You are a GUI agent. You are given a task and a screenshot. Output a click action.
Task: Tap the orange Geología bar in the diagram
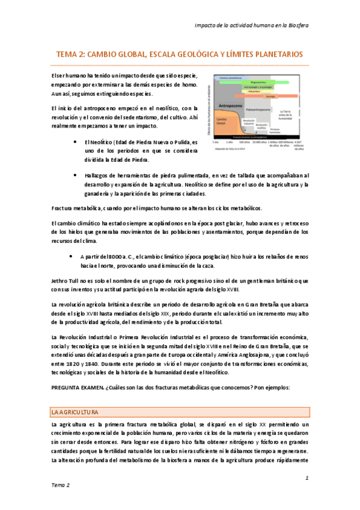[270, 97]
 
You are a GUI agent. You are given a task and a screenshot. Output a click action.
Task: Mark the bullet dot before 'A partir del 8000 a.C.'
[73, 256]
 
